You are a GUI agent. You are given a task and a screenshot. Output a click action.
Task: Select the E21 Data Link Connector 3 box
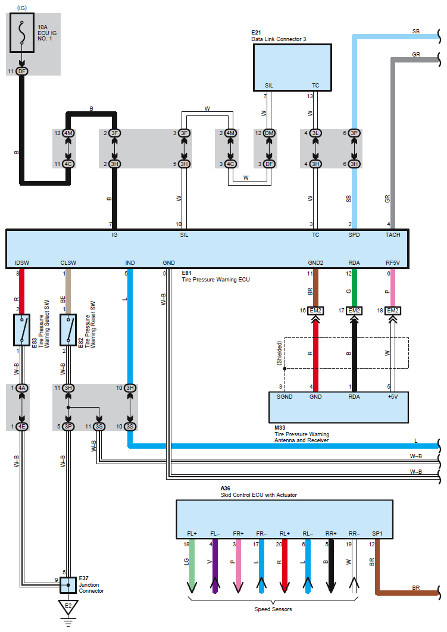pyautogui.click(x=292, y=67)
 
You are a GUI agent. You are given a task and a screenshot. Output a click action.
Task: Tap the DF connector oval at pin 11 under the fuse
pyautogui.click(x=22, y=71)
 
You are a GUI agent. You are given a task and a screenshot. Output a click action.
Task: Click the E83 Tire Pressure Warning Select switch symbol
pyautogui.click(x=22, y=330)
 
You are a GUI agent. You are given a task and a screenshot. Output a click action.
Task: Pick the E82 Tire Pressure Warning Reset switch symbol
pyautogui.click(x=68, y=330)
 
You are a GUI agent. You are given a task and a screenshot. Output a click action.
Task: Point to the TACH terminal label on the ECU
pyautogui.click(x=393, y=235)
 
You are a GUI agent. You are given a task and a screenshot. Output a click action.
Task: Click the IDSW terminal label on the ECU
pyautogui.click(x=22, y=262)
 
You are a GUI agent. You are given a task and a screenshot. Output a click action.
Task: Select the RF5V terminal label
pyautogui.click(x=393, y=262)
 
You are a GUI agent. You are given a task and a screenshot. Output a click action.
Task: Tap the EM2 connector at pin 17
pyautogui.click(x=354, y=311)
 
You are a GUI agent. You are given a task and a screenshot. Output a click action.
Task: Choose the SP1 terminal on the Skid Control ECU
pyautogui.click(x=376, y=534)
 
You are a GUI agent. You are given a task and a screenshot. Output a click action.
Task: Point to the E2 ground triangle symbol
pyautogui.click(x=68, y=607)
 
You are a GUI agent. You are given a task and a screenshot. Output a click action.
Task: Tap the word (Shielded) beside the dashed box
pyautogui.click(x=280, y=353)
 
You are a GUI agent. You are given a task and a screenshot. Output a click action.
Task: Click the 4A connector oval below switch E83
pyautogui.click(x=22, y=388)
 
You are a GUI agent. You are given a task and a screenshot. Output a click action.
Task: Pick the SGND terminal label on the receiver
pyautogui.click(x=285, y=396)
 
